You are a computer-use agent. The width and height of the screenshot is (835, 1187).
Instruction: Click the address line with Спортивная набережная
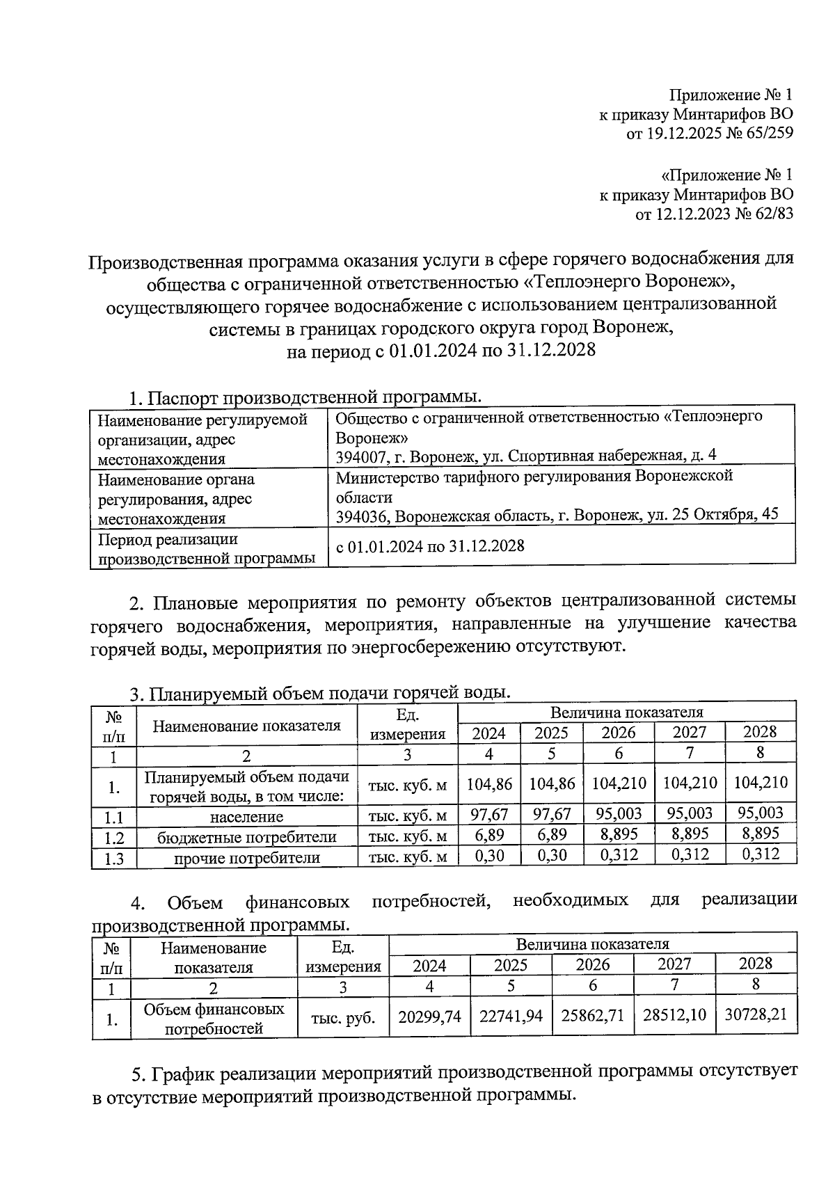click(525, 456)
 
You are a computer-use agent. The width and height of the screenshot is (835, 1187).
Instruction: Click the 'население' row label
click(246, 817)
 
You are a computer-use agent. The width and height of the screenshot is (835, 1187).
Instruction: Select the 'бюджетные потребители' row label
click(246, 837)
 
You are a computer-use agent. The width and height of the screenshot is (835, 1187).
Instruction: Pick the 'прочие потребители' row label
click(246, 858)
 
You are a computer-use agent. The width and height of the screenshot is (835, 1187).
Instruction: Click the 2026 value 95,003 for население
click(618, 813)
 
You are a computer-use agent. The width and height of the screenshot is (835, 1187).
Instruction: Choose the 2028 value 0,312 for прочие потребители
click(760, 854)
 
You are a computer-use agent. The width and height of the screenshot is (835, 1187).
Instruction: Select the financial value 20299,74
click(429, 1016)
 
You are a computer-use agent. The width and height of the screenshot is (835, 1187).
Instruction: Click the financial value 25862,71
click(592, 1016)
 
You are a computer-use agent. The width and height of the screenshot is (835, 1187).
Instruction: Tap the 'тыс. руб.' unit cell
click(343, 1019)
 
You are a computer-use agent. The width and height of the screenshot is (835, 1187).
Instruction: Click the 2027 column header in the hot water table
click(689, 733)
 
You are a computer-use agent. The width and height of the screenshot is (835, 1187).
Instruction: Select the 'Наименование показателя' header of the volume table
click(246, 726)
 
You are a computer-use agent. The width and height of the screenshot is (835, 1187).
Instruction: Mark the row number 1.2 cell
click(113, 838)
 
